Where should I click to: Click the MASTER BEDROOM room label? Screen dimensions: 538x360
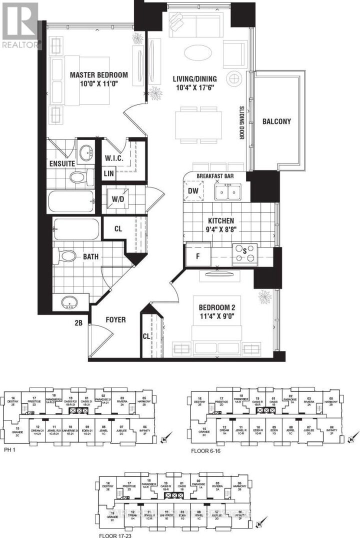click(x=98, y=75)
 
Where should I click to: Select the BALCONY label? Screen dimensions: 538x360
click(x=276, y=121)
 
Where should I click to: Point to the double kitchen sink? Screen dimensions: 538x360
click(x=227, y=191)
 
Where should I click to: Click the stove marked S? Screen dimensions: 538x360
click(x=244, y=253)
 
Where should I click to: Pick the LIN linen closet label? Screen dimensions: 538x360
click(x=108, y=173)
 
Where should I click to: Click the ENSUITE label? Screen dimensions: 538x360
click(x=62, y=163)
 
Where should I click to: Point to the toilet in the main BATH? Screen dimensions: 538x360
click(x=66, y=256)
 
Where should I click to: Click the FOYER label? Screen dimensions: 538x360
click(x=115, y=319)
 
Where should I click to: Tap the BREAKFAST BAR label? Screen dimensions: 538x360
click(x=215, y=176)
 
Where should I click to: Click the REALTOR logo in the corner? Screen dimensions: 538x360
click(x=20, y=25)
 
